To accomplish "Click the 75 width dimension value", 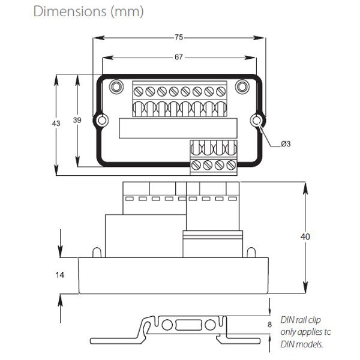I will tap(179, 37).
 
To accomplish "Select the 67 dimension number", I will tap(179, 57).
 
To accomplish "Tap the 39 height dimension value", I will tap(77, 121).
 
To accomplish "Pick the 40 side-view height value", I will tap(305, 236).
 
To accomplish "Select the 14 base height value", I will tap(59, 275).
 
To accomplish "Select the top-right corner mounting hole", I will tap(242, 86).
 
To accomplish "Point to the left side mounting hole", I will tap(103, 121).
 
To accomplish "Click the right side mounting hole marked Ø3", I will tap(258, 121).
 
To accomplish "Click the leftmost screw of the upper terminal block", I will tap(139, 92).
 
